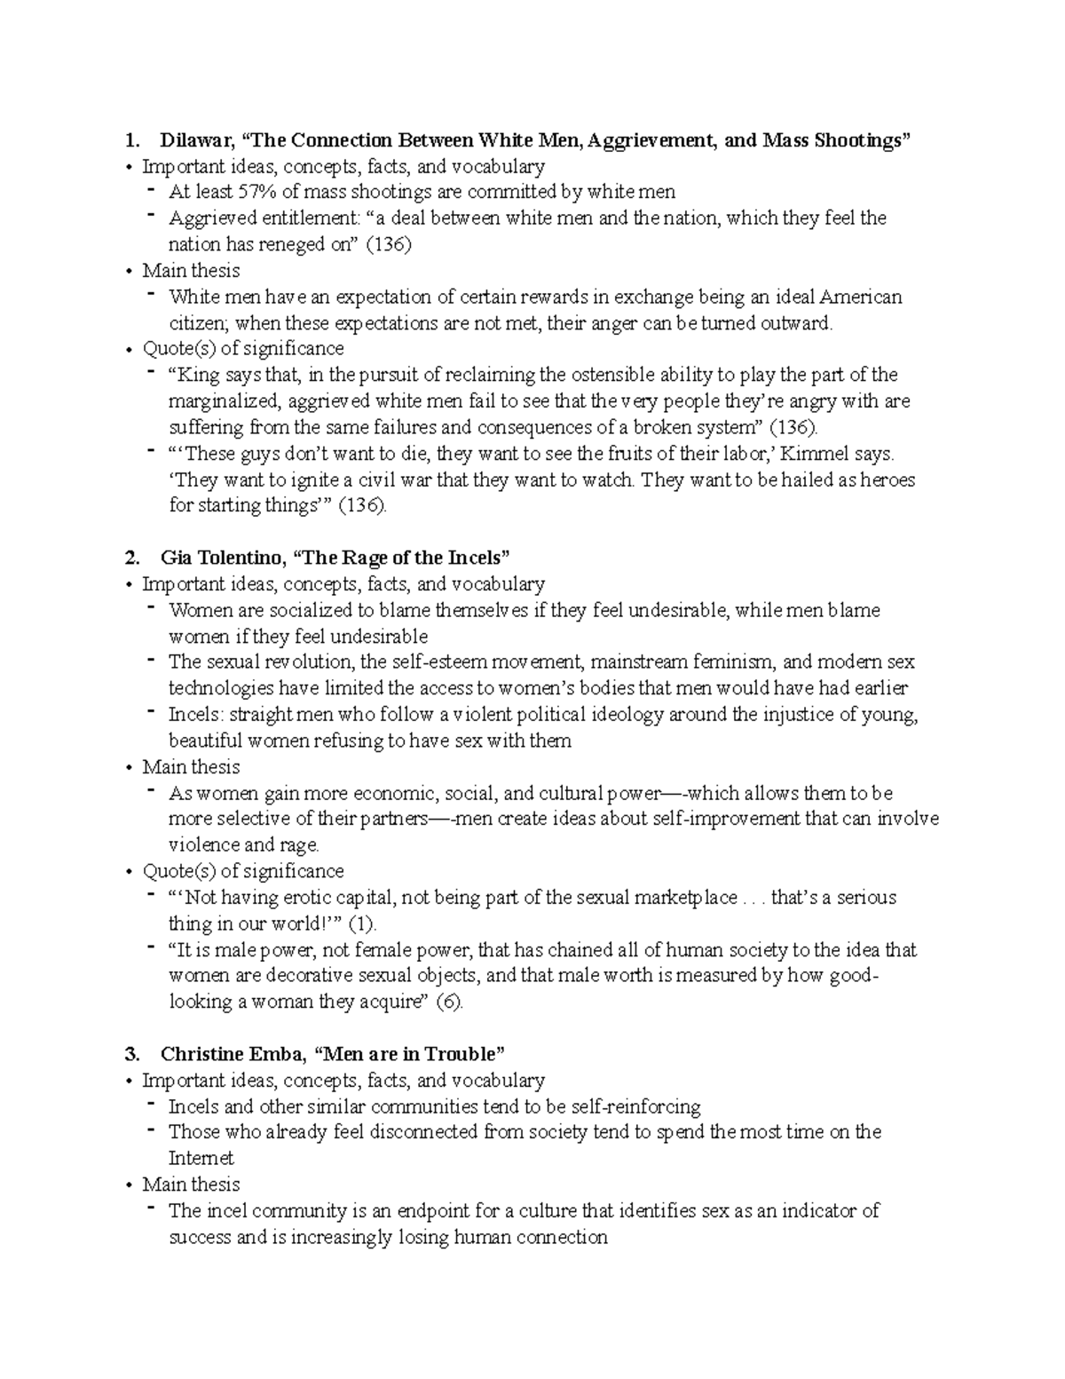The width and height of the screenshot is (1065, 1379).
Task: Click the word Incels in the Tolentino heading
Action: tap(473, 558)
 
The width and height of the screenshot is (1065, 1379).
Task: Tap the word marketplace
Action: tap(684, 898)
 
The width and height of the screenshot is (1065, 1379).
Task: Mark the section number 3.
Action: tap(132, 1054)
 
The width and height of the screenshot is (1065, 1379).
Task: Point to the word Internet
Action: tap(201, 1159)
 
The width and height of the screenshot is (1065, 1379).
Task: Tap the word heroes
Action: tap(887, 480)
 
